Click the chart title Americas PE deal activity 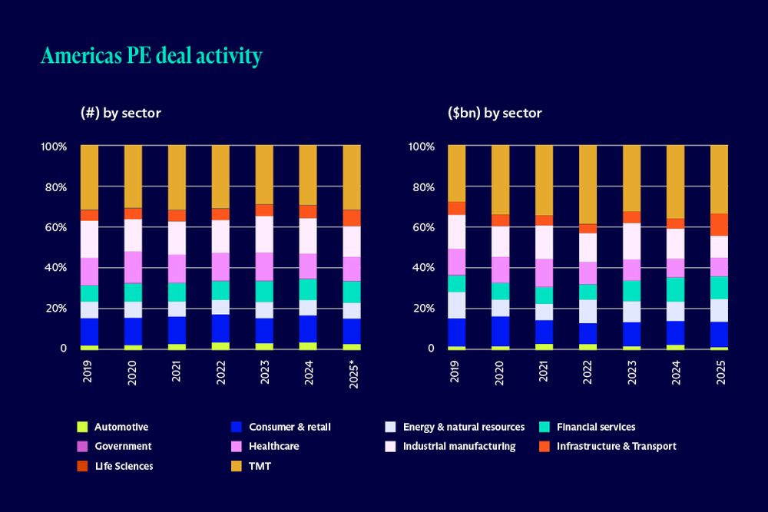pos(151,57)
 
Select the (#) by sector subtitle pos(121,113)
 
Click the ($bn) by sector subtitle pos(495,113)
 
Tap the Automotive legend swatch pos(83,428)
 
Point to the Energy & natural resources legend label pos(463,428)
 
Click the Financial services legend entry pos(595,428)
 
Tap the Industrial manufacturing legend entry pos(459,446)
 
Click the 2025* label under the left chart pos(352,372)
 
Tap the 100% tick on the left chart pos(54,147)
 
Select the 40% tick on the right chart pos(422,268)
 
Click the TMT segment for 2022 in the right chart pos(588,184)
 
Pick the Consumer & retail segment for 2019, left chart pos(89,332)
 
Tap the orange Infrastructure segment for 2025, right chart pos(719,224)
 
